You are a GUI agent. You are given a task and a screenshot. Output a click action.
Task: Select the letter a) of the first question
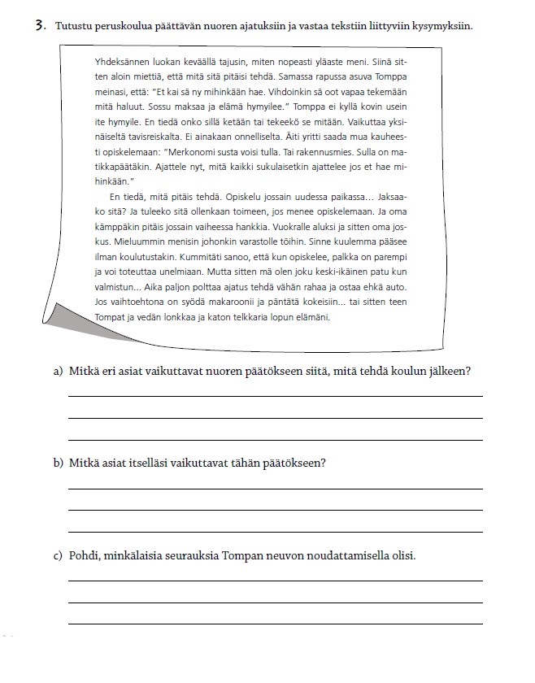(58, 372)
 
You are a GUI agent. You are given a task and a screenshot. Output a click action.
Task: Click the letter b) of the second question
(58, 463)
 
